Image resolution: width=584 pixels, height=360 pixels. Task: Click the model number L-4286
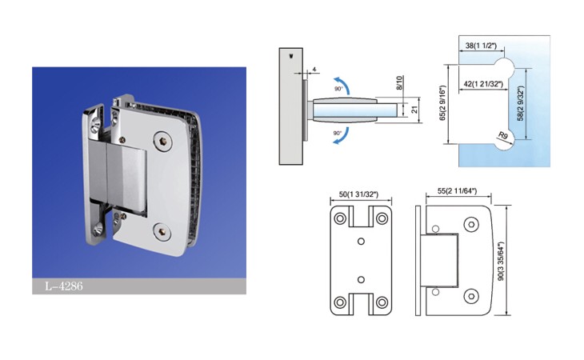[x=64, y=286]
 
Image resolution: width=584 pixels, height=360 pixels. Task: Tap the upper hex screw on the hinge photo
[x=162, y=141]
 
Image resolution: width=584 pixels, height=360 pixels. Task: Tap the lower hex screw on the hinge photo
[x=162, y=231]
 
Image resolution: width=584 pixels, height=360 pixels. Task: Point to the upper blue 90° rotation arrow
[x=342, y=85]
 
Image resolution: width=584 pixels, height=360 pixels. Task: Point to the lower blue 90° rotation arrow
[x=342, y=136]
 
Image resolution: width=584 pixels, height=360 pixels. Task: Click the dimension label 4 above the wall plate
[x=314, y=70]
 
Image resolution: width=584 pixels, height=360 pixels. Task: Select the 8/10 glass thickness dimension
[x=399, y=83]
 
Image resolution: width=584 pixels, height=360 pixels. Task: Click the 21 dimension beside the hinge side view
[x=414, y=110]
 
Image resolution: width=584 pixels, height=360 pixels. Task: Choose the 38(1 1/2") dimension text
[x=482, y=46]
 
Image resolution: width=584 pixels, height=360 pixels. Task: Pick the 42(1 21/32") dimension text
[x=483, y=84]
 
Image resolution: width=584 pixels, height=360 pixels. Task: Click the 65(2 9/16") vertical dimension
[x=442, y=103]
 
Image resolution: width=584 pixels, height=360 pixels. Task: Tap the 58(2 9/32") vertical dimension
[x=520, y=103]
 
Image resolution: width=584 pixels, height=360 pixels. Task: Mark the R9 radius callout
[x=503, y=135]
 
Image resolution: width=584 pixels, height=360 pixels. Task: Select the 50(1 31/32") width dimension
[x=358, y=194]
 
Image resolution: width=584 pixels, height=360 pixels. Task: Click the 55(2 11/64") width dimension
[x=457, y=190]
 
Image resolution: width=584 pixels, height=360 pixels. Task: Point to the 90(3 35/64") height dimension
[x=501, y=261]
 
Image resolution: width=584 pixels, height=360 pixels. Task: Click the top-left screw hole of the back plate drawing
[x=340, y=218]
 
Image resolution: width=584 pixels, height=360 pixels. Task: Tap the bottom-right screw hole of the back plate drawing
[x=382, y=302]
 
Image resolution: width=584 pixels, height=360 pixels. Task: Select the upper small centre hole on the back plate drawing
[x=361, y=242]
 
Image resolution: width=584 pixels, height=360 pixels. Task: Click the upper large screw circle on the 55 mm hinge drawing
[x=471, y=225]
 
